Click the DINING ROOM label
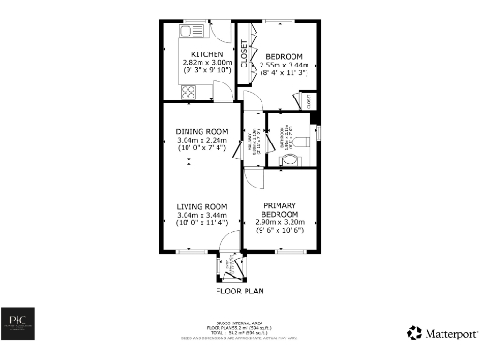[x=202, y=131]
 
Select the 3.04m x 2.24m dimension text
[x=202, y=140]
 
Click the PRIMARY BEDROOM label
[x=280, y=210]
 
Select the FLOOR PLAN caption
[x=238, y=291]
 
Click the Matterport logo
[x=441, y=333]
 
